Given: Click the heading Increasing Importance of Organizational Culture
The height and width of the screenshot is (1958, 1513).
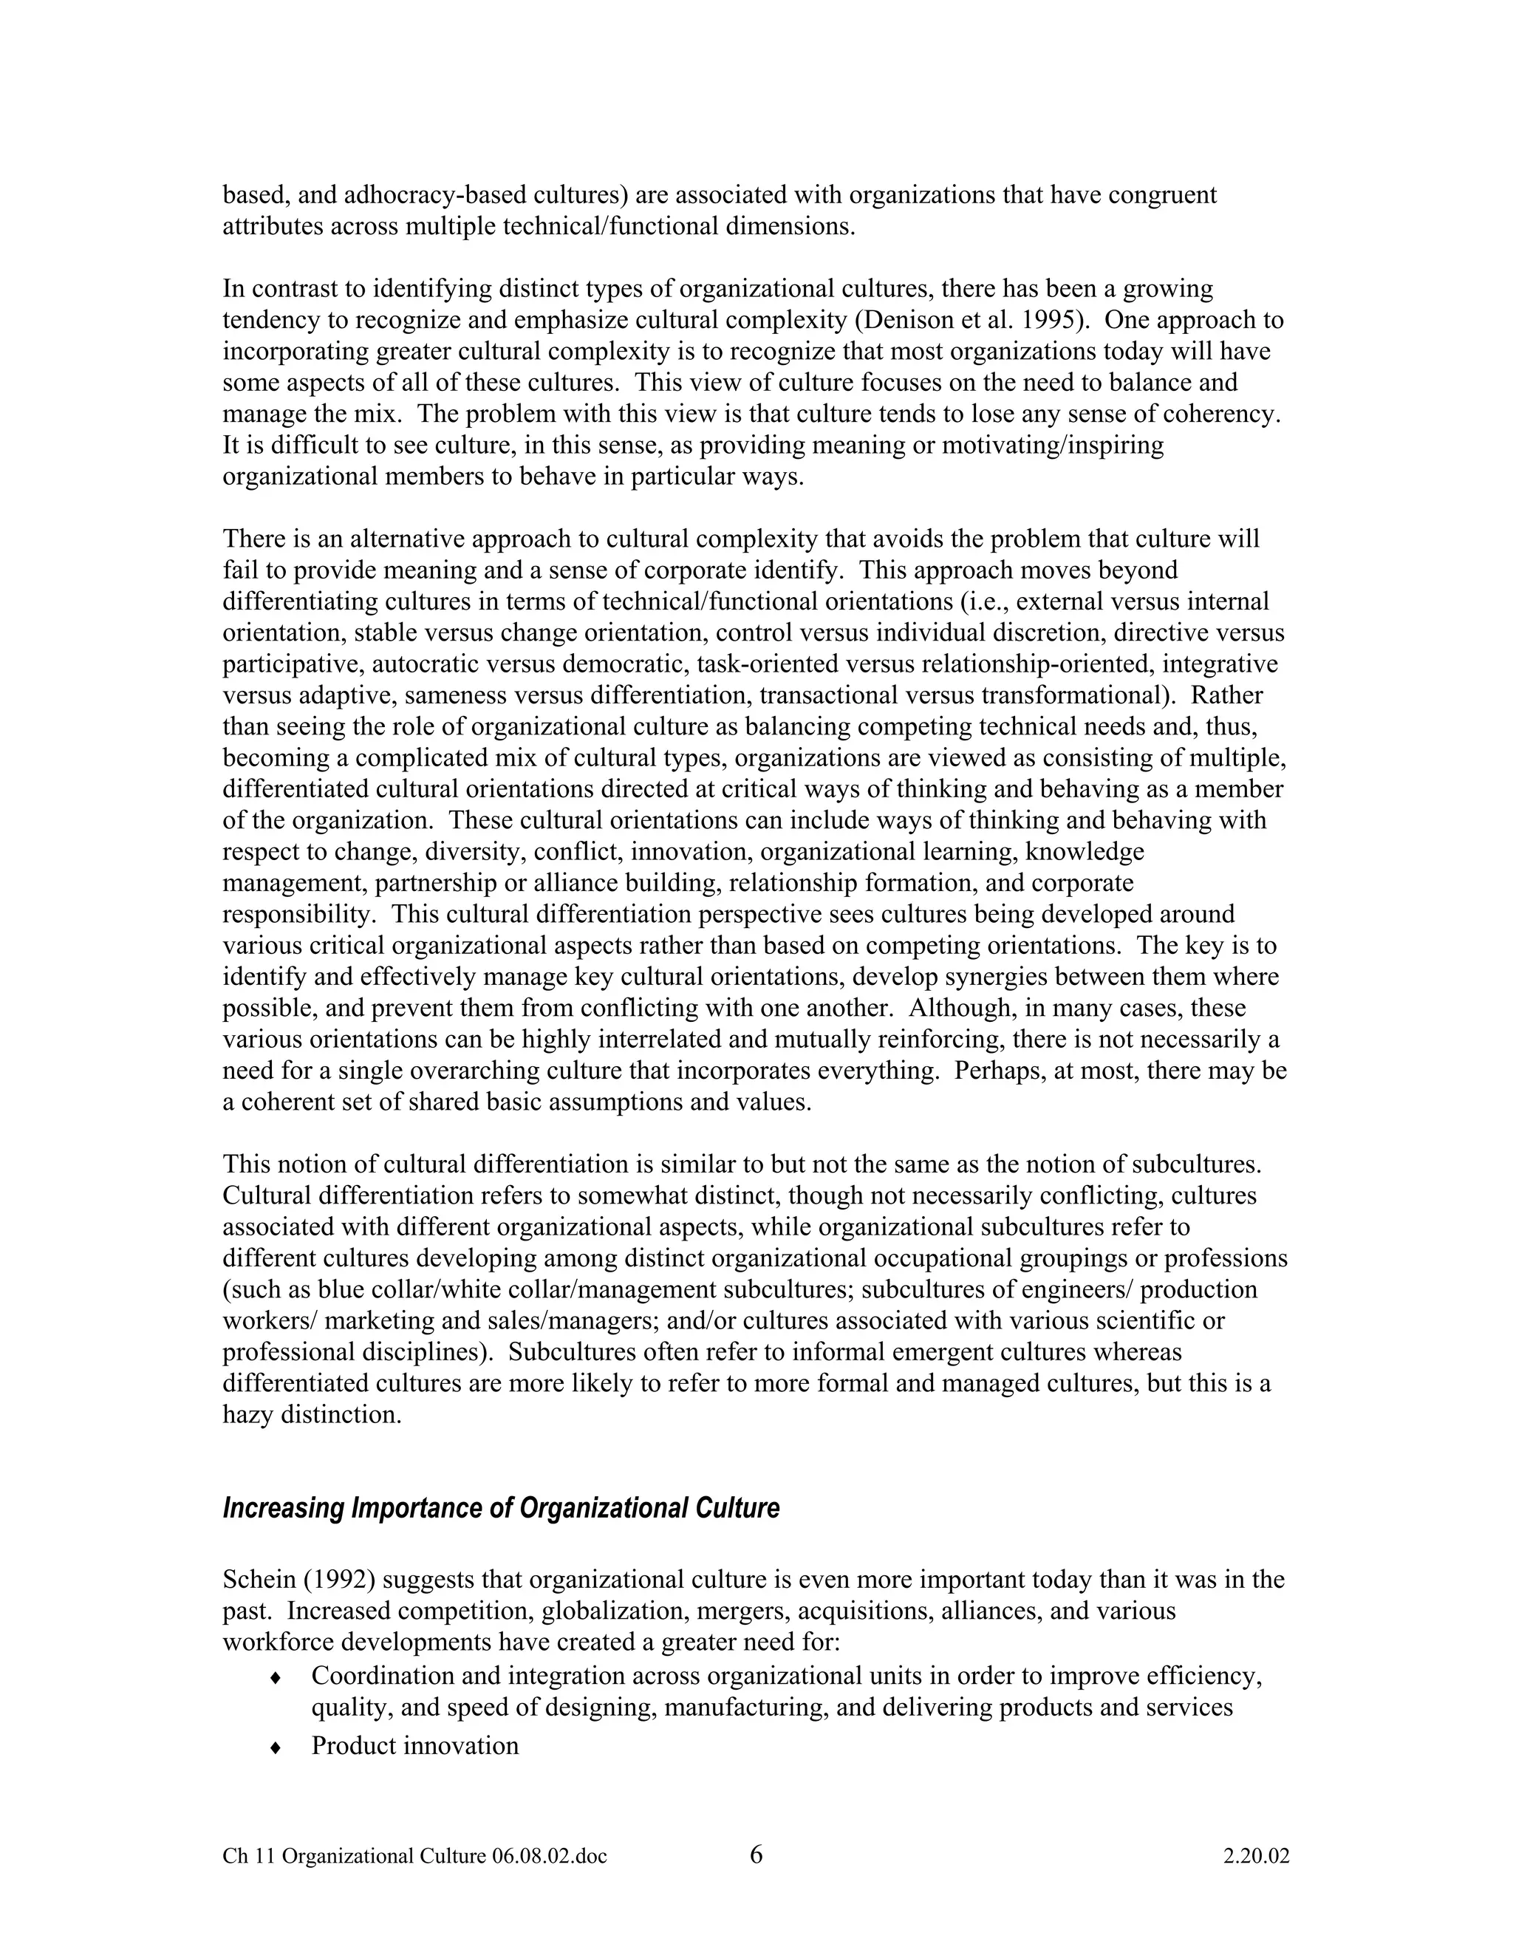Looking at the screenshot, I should click(500, 1509).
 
